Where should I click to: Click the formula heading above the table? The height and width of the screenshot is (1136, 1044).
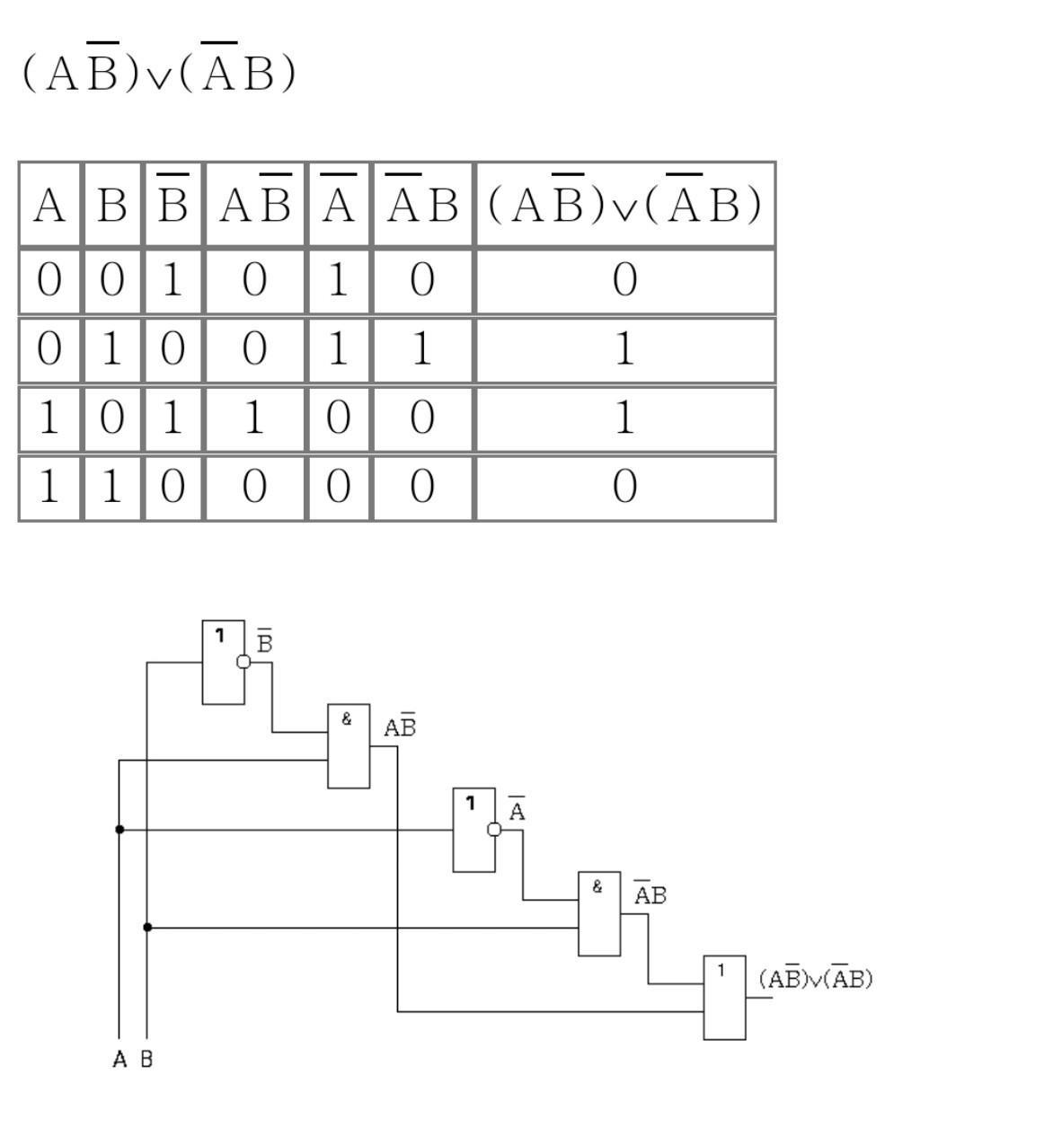click(x=158, y=71)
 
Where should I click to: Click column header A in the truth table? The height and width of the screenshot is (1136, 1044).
click(x=49, y=205)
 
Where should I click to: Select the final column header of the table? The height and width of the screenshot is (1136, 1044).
click(x=624, y=204)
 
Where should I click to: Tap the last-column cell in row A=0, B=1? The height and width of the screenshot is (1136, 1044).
click(x=624, y=349)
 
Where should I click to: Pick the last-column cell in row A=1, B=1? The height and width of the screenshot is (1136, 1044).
click(x=624, y=488)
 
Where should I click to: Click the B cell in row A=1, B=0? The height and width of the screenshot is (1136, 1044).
click(x=111, y=418)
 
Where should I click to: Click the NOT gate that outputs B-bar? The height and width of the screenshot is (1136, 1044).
click(x=222, y=662)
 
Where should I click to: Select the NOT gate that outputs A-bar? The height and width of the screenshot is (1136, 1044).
click(x=473, y=830)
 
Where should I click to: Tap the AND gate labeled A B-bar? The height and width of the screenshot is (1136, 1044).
click(x=349, y=746)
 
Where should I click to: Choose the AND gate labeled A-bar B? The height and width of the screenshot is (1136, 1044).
click(x=599, y=913)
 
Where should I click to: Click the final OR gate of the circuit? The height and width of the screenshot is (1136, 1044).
click(x=724, y=998)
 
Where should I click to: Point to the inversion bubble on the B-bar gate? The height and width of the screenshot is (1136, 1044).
click(x=243, y=662)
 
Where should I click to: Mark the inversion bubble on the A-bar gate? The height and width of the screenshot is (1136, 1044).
click(x=494, y=830)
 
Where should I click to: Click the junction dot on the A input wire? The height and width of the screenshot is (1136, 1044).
click(x=119, y=830)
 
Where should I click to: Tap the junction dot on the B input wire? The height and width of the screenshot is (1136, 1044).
click(x=147, y=927)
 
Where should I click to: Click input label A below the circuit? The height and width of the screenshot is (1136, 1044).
click(x=119, y=1060)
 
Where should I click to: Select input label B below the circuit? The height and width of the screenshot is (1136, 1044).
click(x=146, y=1060)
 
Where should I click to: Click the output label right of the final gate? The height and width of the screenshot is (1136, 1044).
click(x=816, y=978)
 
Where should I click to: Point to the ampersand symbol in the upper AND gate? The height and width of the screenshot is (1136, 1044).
click(x=347, y=719)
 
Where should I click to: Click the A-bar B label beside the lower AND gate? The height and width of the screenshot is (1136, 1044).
click(x=650, y=894)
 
